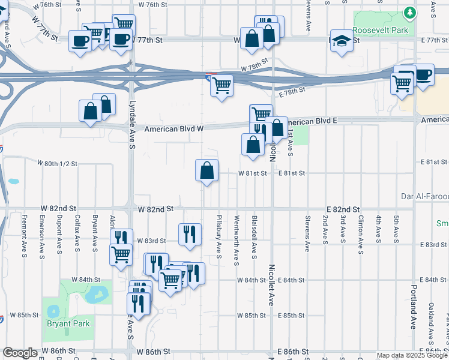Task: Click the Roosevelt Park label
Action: [x=380, y=30]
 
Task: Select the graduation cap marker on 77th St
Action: [x=342, y=41]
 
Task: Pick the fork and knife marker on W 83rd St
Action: [x=190, y=234]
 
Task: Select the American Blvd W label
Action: [x=175, y=129]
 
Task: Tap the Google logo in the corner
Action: [x=20, y=353]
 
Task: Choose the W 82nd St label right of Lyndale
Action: [x=155, y=209]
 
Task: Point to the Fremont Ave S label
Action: [x=23, y=233]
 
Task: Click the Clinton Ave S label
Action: [x=360, y=230]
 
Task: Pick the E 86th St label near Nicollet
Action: [x=293, y=351]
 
